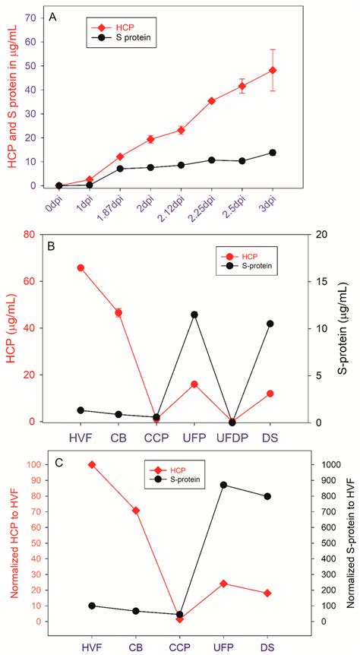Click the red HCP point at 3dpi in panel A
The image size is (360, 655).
point(273,71)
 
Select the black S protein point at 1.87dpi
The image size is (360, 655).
point(120,169)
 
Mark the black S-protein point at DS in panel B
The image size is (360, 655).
point(270,324)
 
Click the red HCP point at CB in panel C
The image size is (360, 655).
point(114,511)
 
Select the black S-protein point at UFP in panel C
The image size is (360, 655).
point(223,485)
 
